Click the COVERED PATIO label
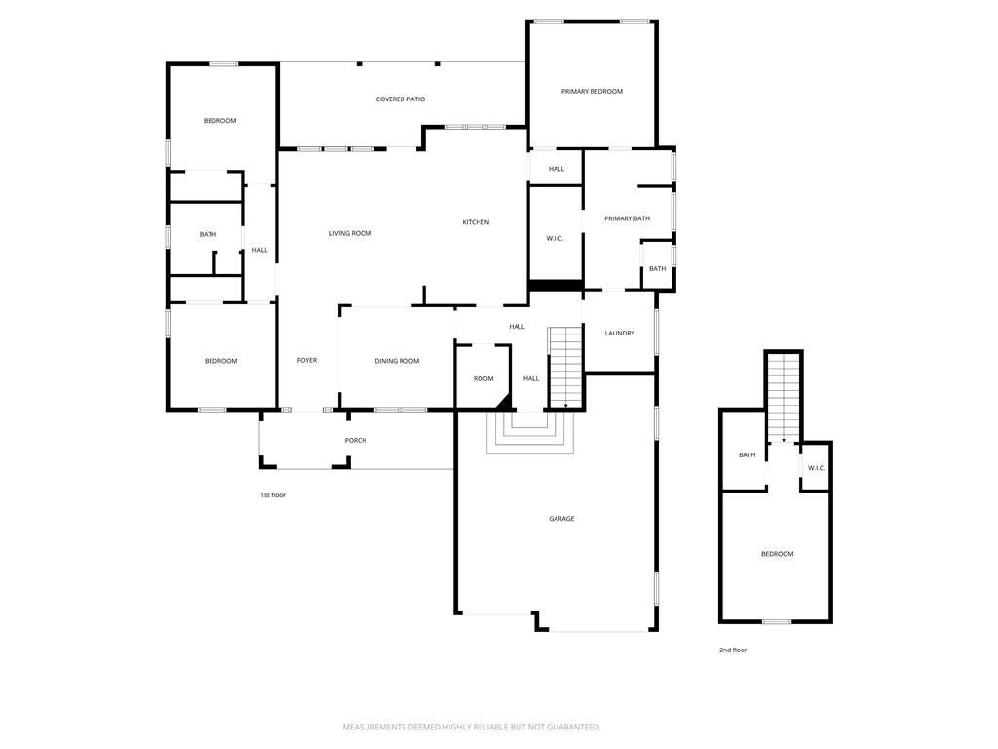[401, 99]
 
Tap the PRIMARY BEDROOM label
[592, 91]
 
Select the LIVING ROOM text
[350, 233]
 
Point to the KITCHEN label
[476, 222]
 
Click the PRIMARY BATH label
[627, 218]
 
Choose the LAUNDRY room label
[619, 334]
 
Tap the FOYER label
[307, 361]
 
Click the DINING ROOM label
[397, 361]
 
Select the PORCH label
[356, 441]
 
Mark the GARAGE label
[561, 519]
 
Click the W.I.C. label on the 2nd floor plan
[816, 468]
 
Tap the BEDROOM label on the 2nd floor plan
[777, 554]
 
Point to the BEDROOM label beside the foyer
[220, 361]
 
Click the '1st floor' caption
[273, 495]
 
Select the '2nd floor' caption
[733, 650]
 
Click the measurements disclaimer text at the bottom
[472, 727]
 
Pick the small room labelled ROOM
[483, 378]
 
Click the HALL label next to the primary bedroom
[556, 169]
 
